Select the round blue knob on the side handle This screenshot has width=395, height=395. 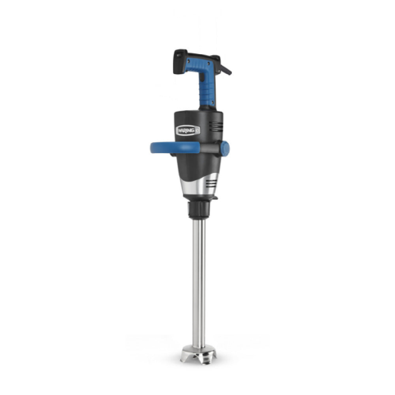pyautogui.click(x=224, y=148)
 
